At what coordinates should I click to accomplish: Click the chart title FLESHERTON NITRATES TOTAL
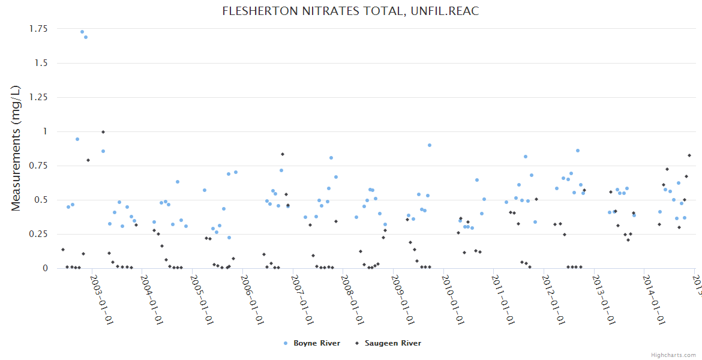[x=350, y=11]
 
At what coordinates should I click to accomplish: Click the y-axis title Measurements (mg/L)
[x=16, y=148]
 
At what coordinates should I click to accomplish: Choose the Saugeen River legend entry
[x=392, y=343]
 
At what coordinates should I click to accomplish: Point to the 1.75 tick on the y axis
[x=38, y=29]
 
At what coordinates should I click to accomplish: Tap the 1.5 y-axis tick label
[x=42, y=63]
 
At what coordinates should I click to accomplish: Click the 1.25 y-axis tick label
[x=38, y=97]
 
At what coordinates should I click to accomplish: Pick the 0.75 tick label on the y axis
[x=38, y=166]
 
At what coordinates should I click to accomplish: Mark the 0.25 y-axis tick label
[x=38, y=234]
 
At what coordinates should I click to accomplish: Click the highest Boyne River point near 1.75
[x=82, y=32]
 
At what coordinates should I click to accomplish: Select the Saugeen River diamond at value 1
[x=103, y=132]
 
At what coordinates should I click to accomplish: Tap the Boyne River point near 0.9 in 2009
[x=430, y=145]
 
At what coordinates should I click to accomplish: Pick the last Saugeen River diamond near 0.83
[x=689, y=155]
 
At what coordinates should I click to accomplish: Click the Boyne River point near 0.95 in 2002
[x=77, y=139]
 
